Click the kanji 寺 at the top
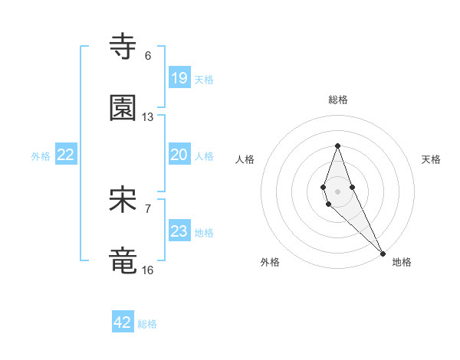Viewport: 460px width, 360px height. pyautogui.click(x=123, y=47)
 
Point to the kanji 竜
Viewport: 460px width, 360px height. pyautogui.click(x=123, y=261)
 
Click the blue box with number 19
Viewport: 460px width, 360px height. pyautogui.click(x=179, y=78)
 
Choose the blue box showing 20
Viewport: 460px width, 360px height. pyautogui.click(x=179, y=155)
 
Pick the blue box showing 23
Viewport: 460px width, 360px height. pyautogui.click(x=179, y=231)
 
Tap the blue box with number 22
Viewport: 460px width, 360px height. pyautogui.click(x=66, y=155)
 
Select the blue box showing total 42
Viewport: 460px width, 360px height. pyautogui.click(x=123, y=322)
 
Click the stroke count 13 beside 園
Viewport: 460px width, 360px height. pyautogui.click(x=148, y=117)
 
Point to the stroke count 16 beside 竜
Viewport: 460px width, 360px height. pyautogui.click(x=148, y=270)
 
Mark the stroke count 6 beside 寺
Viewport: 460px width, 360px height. pyautogui.click(x=148, y=56)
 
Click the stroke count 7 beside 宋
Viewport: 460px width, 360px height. pyautogui.click(x=148, y=208)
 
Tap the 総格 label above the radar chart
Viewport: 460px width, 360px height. pyautogui.click(x=338, y=100)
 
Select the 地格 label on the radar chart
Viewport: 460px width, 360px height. pyautogui.click(x=402, y=262)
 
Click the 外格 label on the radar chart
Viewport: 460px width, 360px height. pyautogui.click(x=270, y=262)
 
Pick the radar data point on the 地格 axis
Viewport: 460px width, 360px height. pyautogui.click(x=383, y=254)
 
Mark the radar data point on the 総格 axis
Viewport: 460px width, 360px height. pyautogui.click(x=337, y=146)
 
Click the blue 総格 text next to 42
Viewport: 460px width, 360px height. pyautogui.click(x=147, y=324)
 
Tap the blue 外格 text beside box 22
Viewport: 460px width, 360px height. pyautogui.click(x=41, y=156)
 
